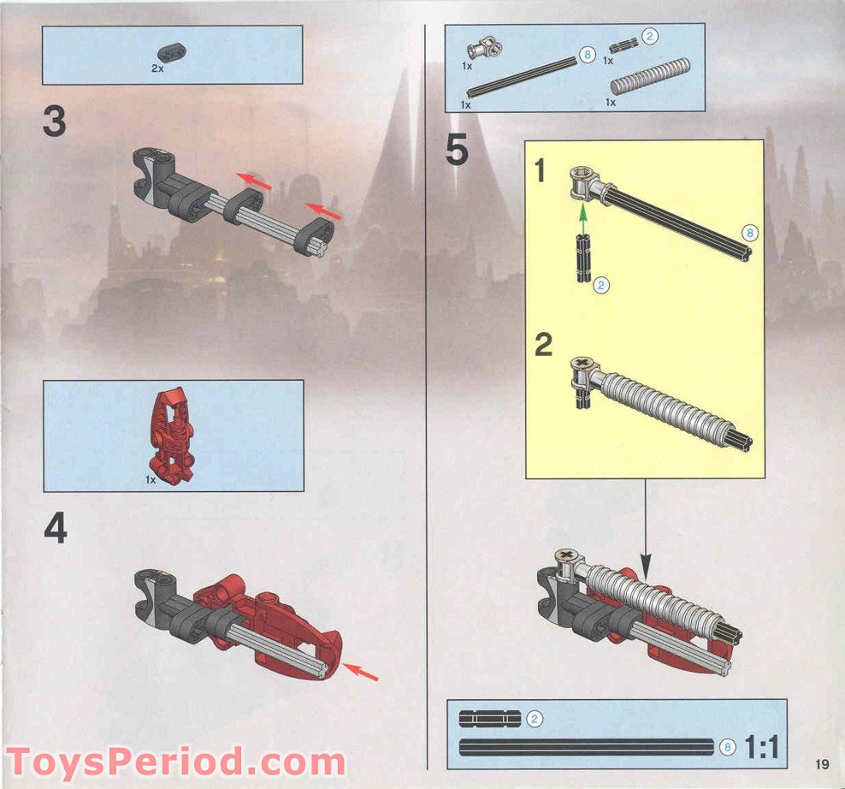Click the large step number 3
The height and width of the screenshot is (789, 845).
[x=54, y=122]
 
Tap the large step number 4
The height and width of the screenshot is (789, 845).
[x=55, y=530]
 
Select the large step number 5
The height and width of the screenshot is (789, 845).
[x=457, y=151]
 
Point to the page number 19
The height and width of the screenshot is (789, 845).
[x=822, y=764]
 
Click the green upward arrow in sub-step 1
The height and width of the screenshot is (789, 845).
[x=582, y=214]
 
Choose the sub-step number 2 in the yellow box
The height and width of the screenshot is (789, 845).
[x=544, y=346]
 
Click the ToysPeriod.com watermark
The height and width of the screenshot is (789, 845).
[x=176, y=761]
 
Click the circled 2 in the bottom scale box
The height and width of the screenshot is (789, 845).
[x=535, y=718]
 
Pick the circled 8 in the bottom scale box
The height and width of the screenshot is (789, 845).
[x=727, y=747]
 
